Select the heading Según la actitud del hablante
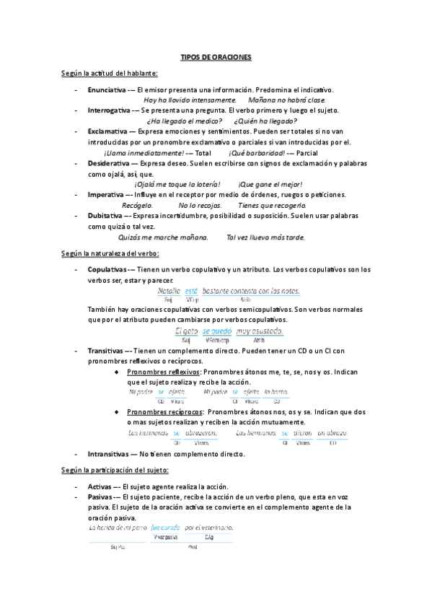(x=110, y=74)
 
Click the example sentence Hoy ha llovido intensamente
(x=190, y=100)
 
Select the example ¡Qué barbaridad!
(x=256, y=153)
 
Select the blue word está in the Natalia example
(x=191, y=291)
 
